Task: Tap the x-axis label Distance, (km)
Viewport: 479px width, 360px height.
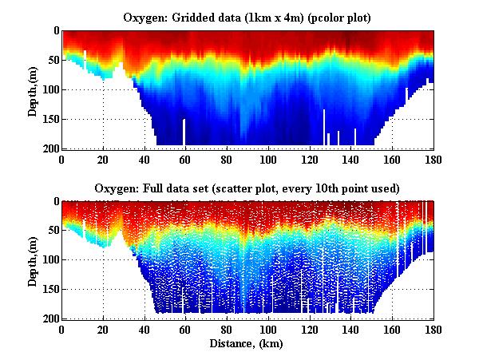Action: (x=247, y=344)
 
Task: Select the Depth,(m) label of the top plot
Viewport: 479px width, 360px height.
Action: (x=33, y=89)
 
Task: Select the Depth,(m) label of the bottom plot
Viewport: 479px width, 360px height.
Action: (x=33, y=259)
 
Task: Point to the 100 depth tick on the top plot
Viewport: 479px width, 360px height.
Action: (x=49, y=89)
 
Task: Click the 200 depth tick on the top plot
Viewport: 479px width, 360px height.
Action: (x=49, y=148)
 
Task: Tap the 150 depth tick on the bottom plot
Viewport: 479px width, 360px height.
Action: (x=49, y=290)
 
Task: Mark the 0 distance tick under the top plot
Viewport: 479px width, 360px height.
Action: (x=61, y=159)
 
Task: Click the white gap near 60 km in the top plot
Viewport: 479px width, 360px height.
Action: (x=184, y=133)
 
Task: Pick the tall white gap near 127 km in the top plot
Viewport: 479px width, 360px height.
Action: (x=324, y=128)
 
